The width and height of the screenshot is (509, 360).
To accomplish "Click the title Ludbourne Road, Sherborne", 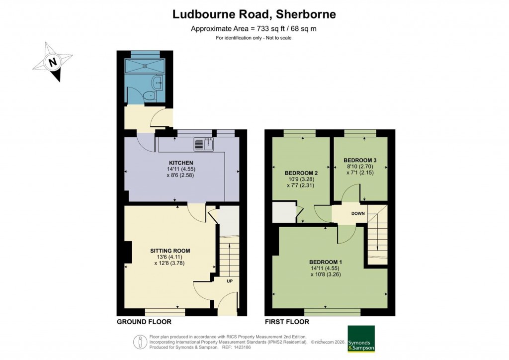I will pos(254,14).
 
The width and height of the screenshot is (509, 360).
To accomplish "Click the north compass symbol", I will pos(52,62).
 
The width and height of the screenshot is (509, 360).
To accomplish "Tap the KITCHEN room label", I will pos(181,163).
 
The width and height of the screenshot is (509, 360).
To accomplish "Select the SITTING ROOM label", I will pos(170,251).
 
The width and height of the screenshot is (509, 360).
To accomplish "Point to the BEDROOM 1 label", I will pos(326,262).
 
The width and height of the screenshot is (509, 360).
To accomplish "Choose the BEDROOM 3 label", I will pos(360,160).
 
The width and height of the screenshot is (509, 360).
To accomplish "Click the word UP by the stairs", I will pos(229,281).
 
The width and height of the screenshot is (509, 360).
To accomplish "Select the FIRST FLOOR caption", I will pos(287,322).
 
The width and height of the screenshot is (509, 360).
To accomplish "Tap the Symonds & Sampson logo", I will pos(361,339).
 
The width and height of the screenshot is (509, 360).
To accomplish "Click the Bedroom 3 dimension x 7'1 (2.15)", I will pos(360,173).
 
